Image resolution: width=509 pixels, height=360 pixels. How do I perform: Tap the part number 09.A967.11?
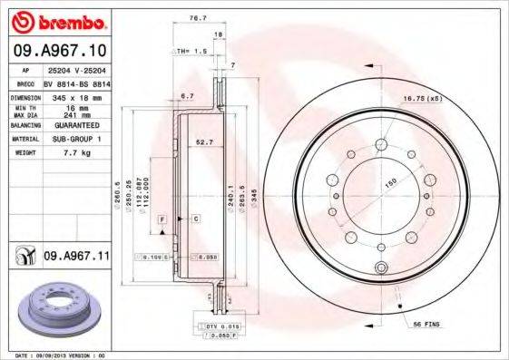click(x=76, y=257)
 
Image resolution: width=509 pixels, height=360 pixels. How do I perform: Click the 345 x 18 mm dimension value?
click(x=74, y=96)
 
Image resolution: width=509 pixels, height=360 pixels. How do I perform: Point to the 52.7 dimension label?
click(x=205, y=142)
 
